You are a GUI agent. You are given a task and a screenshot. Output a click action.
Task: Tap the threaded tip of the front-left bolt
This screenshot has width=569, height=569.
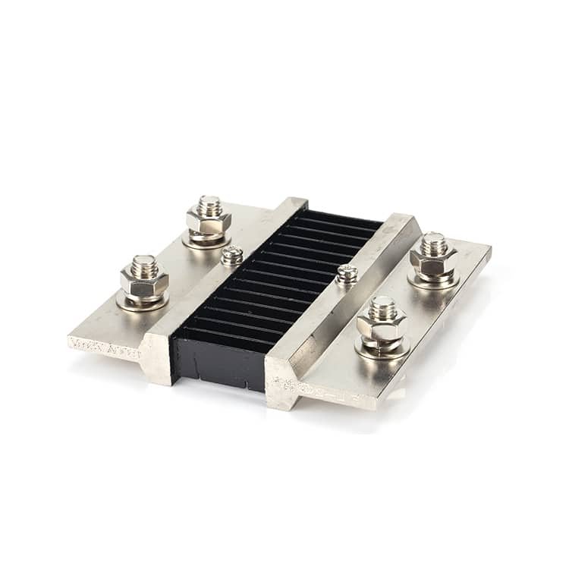(143, 262)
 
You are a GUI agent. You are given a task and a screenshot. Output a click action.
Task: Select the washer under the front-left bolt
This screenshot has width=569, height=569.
(143, 302)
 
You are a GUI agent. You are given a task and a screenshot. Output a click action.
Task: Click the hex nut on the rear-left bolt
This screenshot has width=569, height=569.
(209, 222)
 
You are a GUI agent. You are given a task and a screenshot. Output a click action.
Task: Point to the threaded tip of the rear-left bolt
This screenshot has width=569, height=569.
(209, 203)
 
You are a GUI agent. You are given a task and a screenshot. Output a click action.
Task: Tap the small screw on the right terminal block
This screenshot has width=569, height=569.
(347, 272)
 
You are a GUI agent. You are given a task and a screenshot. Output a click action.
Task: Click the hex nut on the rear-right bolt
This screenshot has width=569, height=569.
(432, 262)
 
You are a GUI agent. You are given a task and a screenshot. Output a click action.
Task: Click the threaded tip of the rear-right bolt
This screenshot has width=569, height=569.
(433, 242)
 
